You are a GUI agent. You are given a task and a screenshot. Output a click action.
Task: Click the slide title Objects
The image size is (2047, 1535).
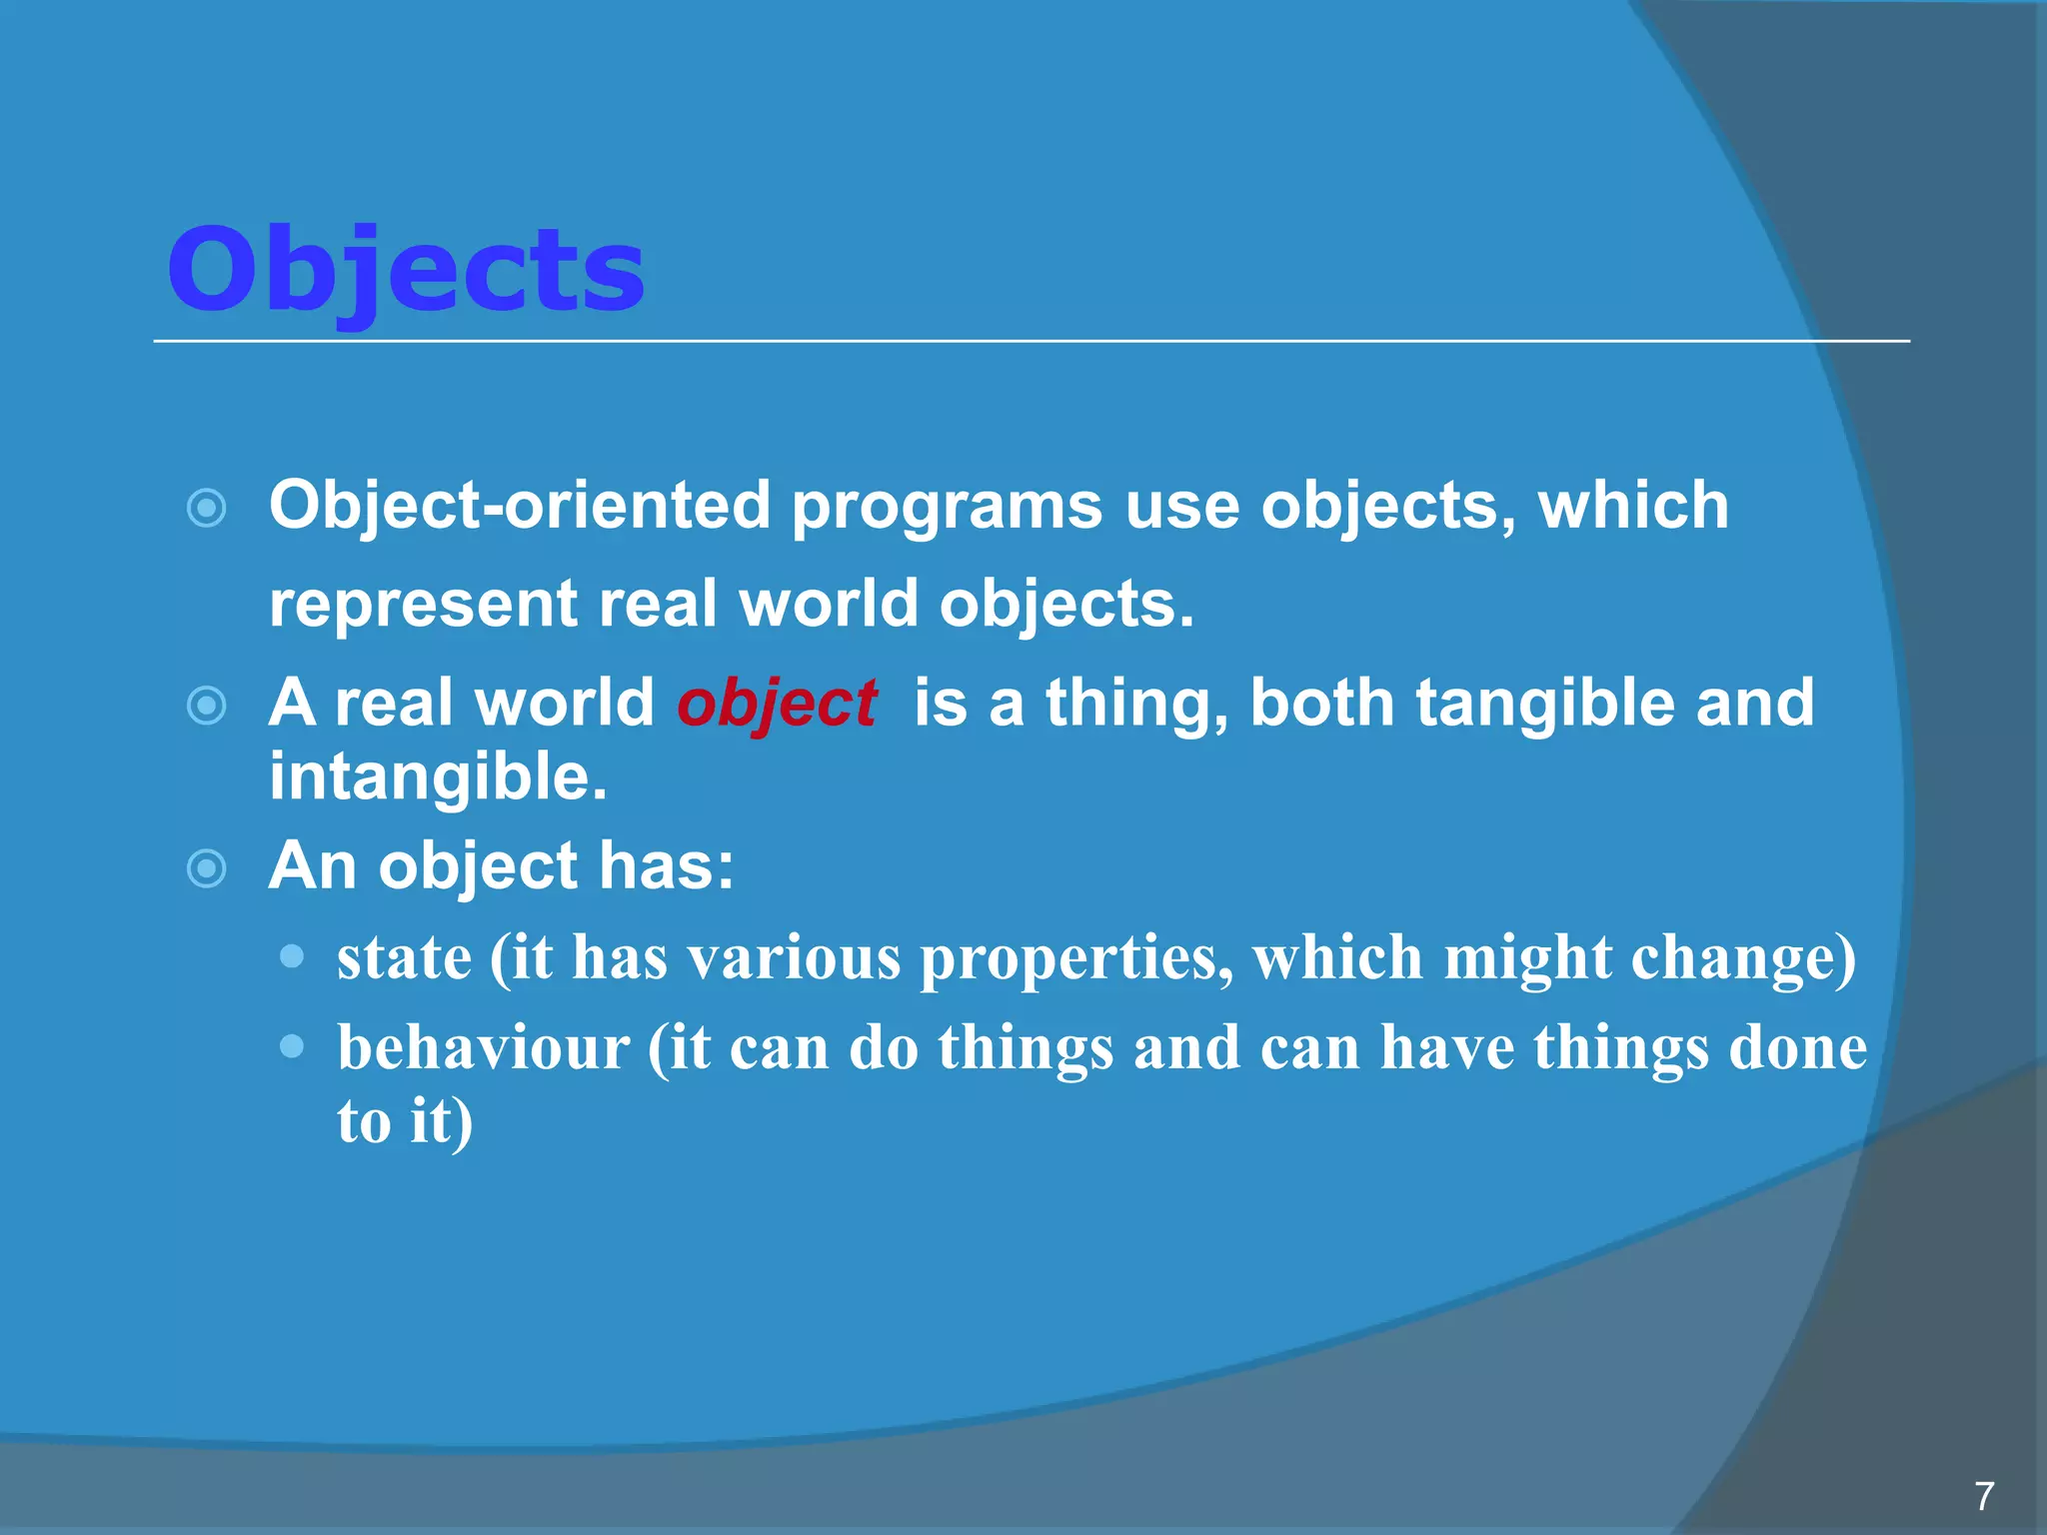coord(405,270)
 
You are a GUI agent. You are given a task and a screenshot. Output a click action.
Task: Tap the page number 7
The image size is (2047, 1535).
coord(1984,1496)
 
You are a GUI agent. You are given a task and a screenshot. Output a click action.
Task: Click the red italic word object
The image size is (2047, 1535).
coord(777,704)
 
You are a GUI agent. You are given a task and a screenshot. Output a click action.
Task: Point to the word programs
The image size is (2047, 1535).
coord(947,508)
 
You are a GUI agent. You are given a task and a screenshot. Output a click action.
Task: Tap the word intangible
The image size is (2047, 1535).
coord(437,777)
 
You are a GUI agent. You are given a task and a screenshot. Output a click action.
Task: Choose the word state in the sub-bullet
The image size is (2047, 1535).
coord(404,958)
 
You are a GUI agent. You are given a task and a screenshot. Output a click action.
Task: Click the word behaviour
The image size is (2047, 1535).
coord(483,1048)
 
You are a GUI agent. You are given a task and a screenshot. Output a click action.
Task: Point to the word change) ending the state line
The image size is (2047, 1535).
coord(1743,959)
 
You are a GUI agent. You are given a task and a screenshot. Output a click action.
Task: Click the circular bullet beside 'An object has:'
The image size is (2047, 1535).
coord(207,867)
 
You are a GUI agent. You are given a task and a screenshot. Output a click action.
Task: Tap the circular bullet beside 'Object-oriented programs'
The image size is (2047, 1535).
coord(207,508)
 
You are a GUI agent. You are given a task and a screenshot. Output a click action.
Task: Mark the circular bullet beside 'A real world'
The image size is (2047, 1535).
coord(207,706)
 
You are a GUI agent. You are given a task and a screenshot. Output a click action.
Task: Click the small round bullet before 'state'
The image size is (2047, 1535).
coord(292,957)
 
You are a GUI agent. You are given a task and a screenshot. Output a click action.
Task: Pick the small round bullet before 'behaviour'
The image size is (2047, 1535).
coord(292,1046)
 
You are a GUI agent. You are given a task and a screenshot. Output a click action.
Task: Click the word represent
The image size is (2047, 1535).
coord(423,606)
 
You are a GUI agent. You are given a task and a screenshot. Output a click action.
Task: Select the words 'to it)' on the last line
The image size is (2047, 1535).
coord(404,1121)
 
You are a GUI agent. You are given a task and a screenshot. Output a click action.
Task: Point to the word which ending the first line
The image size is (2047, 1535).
coord(1633,506)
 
